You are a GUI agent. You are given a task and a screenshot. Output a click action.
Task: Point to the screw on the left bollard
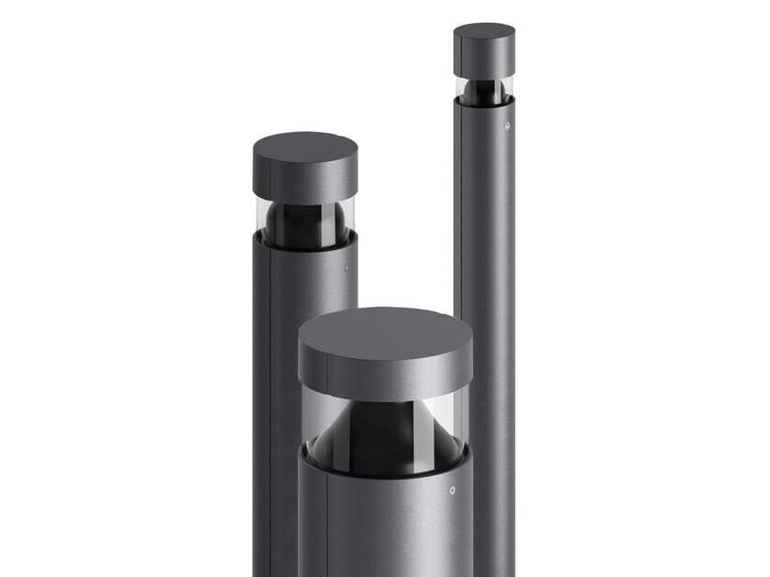pyautogui.click(x=347, y=267)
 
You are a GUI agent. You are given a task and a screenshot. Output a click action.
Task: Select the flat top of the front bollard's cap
pyautogui.click(x=386, y=332)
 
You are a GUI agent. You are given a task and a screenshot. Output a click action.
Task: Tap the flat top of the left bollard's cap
pyautogui.click(x=305, y=148)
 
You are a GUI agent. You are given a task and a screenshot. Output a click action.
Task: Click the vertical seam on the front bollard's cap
pyautogui.click(x=324, y=376)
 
